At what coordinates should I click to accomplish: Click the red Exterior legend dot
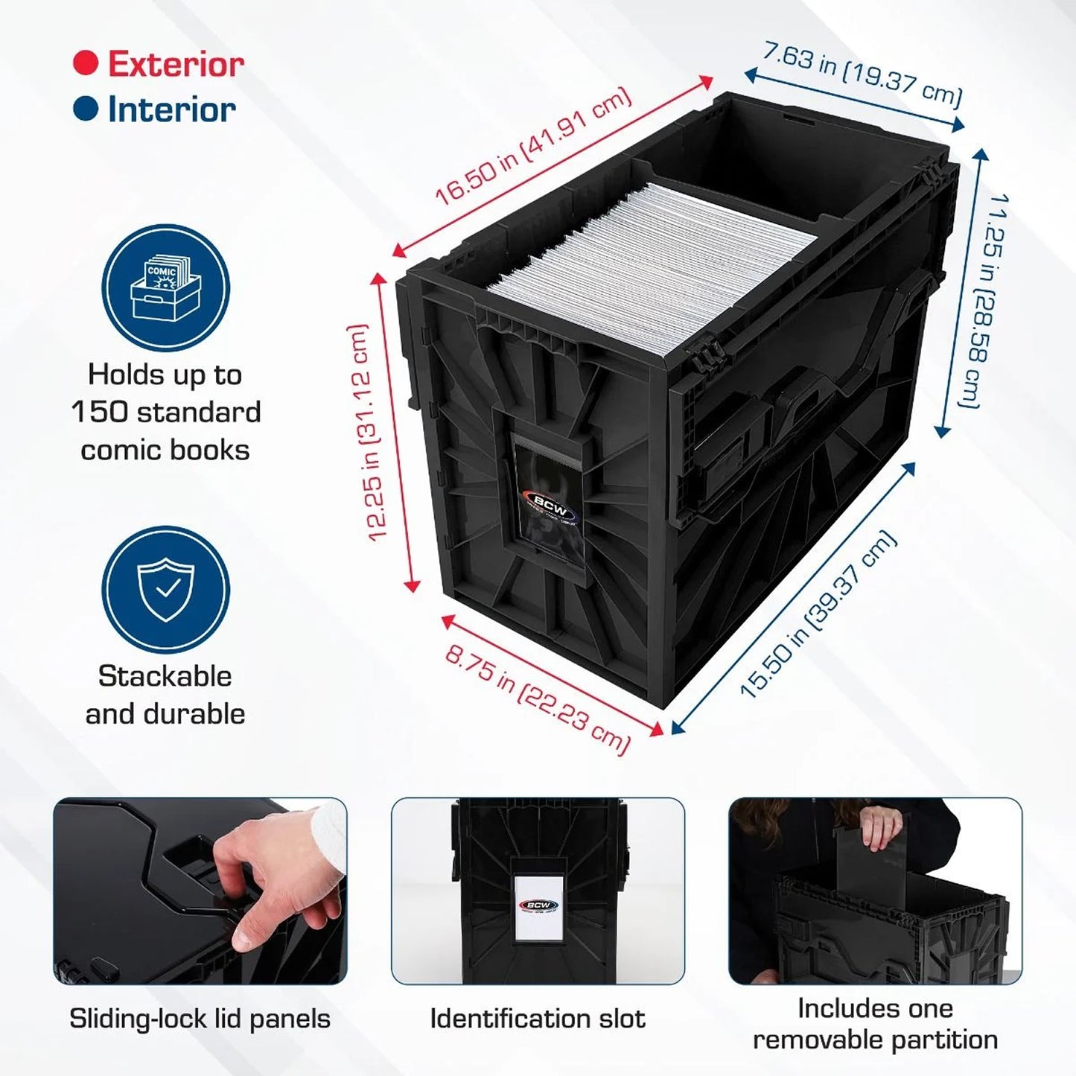(x=86, y=63)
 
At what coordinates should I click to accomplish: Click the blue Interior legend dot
(x=86, y=108)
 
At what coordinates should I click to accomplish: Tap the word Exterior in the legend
(x=176, y=63)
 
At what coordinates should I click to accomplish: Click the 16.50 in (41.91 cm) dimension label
(x=533, y=148)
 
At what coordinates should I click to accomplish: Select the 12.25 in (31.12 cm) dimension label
(x=369, y=432)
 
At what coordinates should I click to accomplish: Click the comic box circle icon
(x=166, y=289)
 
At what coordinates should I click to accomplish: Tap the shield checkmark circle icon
(x=166, y=590)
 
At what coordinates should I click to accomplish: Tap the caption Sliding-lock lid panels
(x=200, y=1019)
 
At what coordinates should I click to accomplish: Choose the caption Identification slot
(x=538, y=1019)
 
